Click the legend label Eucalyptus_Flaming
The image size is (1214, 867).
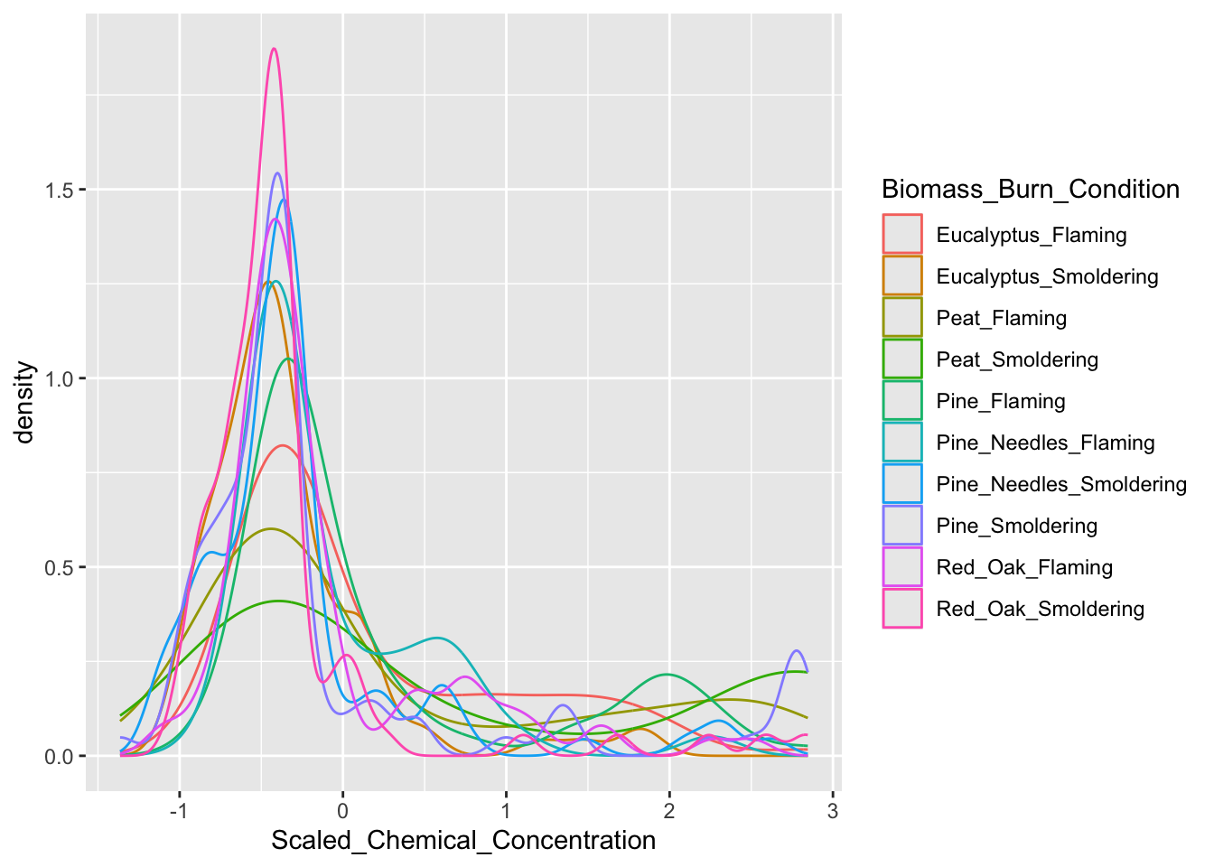click(1031, 235)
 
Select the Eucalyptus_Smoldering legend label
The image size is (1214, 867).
click(1047, 276)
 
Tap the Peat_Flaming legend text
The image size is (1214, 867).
click(1001, 318)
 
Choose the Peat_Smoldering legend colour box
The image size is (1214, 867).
click(902, 359)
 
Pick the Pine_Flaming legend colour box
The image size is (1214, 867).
click(902, 401)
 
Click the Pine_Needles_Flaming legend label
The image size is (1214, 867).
click(1045, 443)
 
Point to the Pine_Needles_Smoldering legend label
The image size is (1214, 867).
click(1061, 484)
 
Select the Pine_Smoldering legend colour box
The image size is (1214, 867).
click(902, 526)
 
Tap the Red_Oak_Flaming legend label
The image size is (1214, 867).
click(1024, 567)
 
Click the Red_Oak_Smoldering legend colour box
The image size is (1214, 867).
click(902, 609)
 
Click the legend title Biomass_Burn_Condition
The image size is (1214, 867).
click(1031, 190)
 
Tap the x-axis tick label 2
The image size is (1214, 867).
click(669, 811)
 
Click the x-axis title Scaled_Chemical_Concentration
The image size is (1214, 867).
click(463, 841)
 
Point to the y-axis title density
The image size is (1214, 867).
click(25, 403)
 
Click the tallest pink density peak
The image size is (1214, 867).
click(274, 50)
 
